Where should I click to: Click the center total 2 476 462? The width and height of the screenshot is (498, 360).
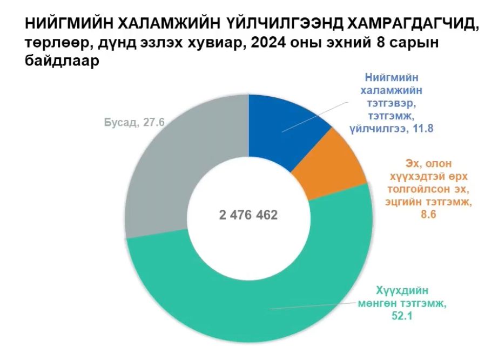tap(248, 215)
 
